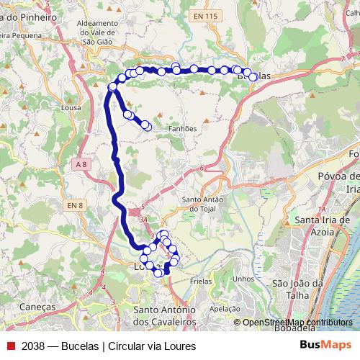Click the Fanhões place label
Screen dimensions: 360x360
(182, 129)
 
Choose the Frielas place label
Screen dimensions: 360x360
(205, 284)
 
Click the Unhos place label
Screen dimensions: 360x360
(244, 279)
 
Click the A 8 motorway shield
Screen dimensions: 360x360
(81, 165)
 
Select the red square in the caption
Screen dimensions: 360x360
(11, 346)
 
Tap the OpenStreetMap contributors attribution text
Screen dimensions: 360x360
(297, 323)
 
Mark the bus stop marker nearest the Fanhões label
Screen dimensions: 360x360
(147, 126)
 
